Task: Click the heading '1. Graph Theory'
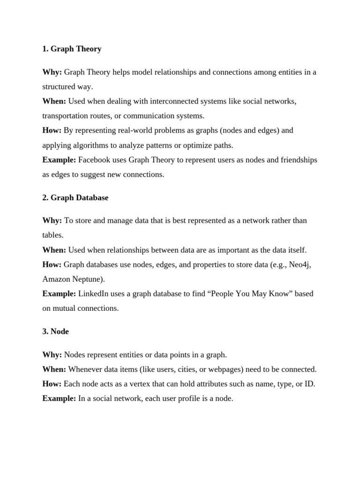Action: (72, 49)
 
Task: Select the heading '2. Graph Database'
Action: (75, 198)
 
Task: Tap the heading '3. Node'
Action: (55, 331)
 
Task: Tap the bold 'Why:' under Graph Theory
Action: (52, 72)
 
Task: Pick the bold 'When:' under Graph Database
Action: (54, 250)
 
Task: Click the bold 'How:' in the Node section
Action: (52, 384)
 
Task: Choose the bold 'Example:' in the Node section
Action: (59, 398)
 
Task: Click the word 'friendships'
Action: (298, 160)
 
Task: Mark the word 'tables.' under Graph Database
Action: (52, 235)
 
